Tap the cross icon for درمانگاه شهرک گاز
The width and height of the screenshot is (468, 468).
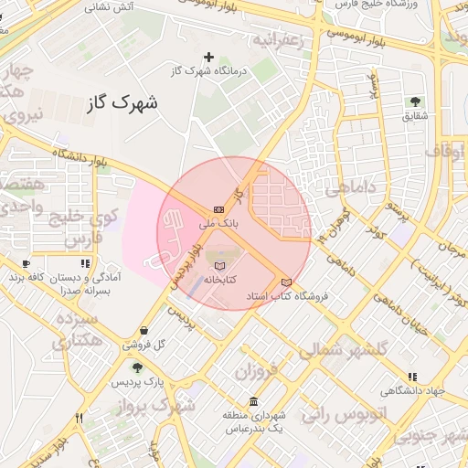208,57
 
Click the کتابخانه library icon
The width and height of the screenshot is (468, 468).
218,264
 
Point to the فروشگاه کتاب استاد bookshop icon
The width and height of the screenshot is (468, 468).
286,282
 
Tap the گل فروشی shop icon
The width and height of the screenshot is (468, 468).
144,331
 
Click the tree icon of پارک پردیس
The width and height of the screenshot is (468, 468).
136,367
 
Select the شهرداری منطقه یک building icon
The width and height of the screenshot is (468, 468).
253,402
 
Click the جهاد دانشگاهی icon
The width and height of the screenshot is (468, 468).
412,377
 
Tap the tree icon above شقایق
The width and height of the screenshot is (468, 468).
416,101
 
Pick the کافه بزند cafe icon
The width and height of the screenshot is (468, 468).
26,263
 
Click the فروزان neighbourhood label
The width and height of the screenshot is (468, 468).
254,371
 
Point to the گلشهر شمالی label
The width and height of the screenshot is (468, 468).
344,348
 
